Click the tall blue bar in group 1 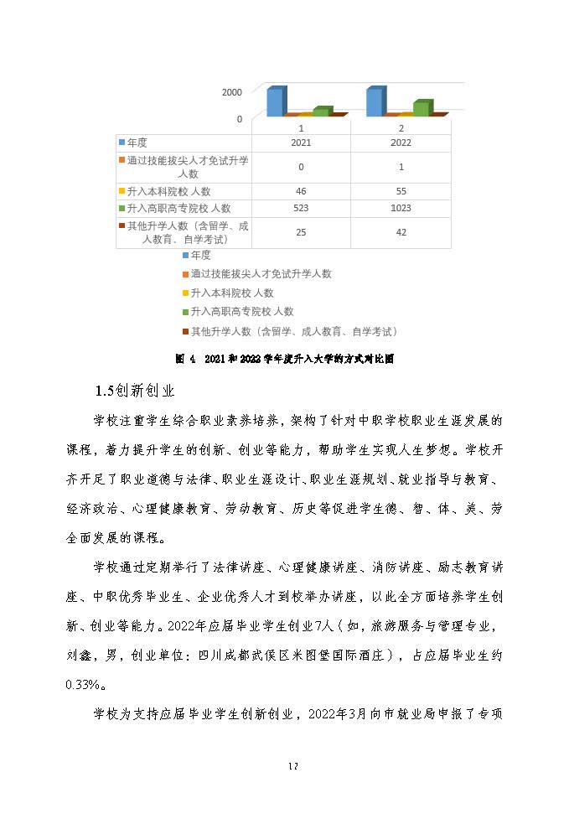point(275,101)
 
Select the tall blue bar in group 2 point(375,101)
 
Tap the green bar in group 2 point(422,108)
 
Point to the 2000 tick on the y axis point(232,92)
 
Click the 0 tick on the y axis point(239,119)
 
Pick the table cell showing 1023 point(401,208)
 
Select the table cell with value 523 point(301,208)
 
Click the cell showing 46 point(301,192)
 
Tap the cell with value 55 point(401,192)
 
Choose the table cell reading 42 point(401,232)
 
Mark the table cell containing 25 point(301,232)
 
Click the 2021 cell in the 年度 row point(301,143)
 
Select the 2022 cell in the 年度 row point(401,143)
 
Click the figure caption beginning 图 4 point(284,359)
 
